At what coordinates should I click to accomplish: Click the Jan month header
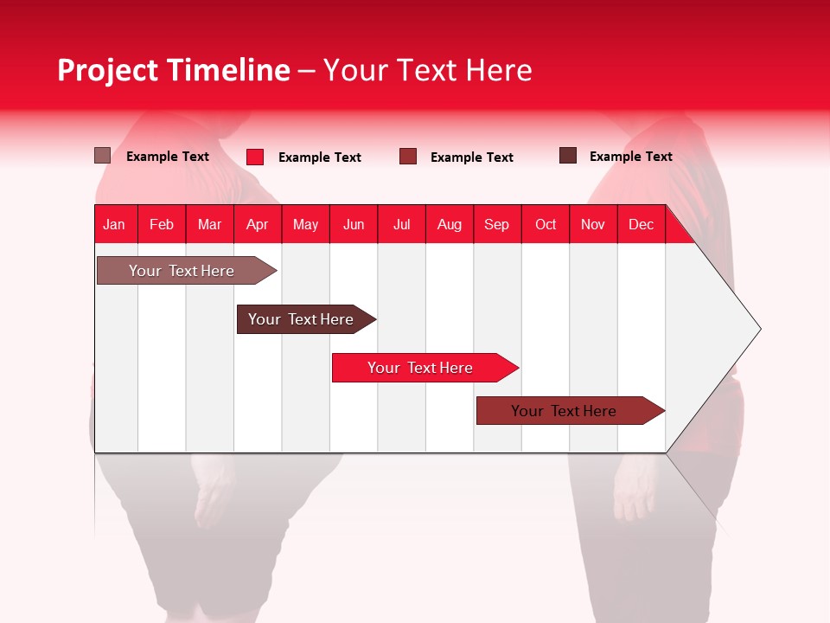[x=114, y=224]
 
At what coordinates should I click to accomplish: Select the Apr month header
[x=257, y=224]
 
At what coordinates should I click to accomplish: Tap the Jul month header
[x=401, y=224]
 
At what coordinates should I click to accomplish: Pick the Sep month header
[x=496, y=224]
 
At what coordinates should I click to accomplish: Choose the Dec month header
[x=641, y=224]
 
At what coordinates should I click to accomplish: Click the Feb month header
[x=162, y=224]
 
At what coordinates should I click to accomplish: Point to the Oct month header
[x=546, y=224]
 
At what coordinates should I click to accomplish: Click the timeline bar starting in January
[x=182, y=271]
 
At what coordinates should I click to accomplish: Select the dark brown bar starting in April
[x=301, y=319]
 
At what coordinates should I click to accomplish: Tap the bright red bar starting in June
[x=420, y=368]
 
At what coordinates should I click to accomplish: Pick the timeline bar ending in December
[x=564, y=411]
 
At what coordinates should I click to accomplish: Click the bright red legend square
[x=255, y=157]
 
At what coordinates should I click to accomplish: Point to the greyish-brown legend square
[x=102, y=156]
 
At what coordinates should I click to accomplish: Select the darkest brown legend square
[x=568, y=156]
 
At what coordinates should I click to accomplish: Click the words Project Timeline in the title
[x=173, y=70]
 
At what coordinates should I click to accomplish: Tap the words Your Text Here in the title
[x=427, y=70]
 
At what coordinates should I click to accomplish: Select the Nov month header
[x=593, y=224]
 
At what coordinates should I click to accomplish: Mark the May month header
[x=305, y=224]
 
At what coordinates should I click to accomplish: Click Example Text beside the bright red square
[x=319, y=157]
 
